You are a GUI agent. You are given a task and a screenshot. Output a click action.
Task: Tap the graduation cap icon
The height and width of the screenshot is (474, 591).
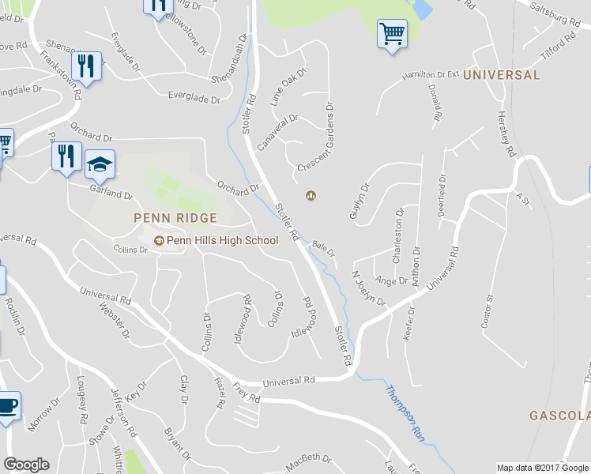click(x=100, y=165)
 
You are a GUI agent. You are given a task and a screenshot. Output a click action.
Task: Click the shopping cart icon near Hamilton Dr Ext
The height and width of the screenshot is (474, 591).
click(x=391, y=34)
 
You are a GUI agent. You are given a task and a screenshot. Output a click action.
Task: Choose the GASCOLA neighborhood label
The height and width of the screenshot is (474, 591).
click(x=559, y=416)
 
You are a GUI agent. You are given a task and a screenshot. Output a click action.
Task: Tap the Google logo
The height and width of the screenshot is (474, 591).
click(x=26, y=465)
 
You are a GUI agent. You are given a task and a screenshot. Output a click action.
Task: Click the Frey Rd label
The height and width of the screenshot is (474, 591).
click(x=247, y=392)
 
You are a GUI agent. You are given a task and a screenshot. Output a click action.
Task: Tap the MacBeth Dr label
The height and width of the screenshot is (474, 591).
click(x=308, y=461)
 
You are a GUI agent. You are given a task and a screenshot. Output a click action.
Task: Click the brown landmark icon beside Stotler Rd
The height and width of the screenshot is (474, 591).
click(x=311, y=196)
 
